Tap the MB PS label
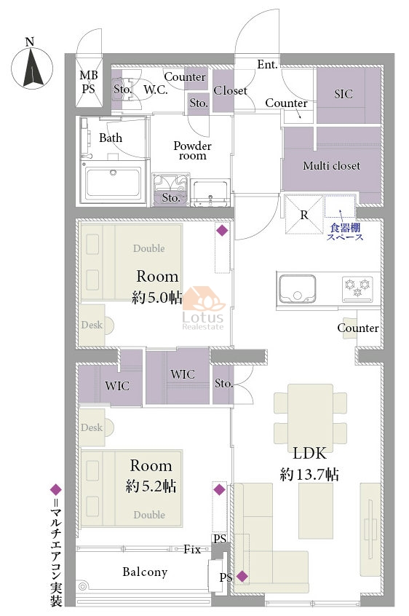89,82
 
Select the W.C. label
156,90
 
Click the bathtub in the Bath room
114,182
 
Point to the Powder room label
192,151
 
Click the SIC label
344,94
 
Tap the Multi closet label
331,166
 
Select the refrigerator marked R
304,214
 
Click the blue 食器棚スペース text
346,232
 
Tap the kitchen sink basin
297,289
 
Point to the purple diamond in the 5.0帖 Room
222,230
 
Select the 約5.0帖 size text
157,297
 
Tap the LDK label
310,454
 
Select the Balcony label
145,572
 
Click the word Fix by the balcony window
192,549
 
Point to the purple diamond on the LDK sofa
242,577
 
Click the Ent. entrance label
267,64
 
